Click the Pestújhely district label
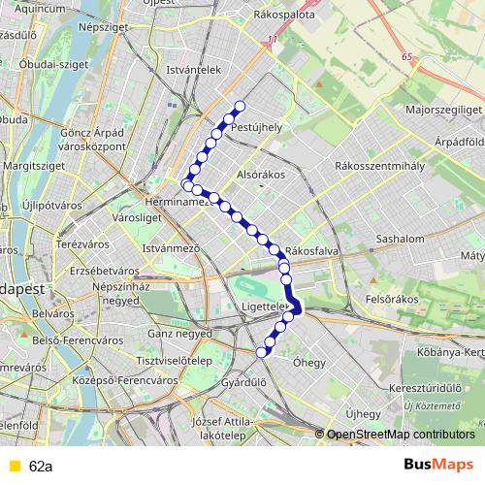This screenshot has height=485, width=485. coord(257,126)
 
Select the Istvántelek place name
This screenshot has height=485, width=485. coord(195,70)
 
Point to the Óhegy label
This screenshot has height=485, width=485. coord(309,363)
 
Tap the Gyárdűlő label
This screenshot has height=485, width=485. coord(243,382)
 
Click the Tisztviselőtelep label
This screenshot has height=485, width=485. coord(175,360)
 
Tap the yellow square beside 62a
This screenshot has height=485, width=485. coord(14,466)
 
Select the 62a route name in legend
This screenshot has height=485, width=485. coord(41,466)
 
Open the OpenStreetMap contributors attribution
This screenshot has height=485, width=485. coord(401,435)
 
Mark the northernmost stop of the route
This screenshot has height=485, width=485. coord(240,107)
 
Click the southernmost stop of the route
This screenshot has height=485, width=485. coord(261,352)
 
